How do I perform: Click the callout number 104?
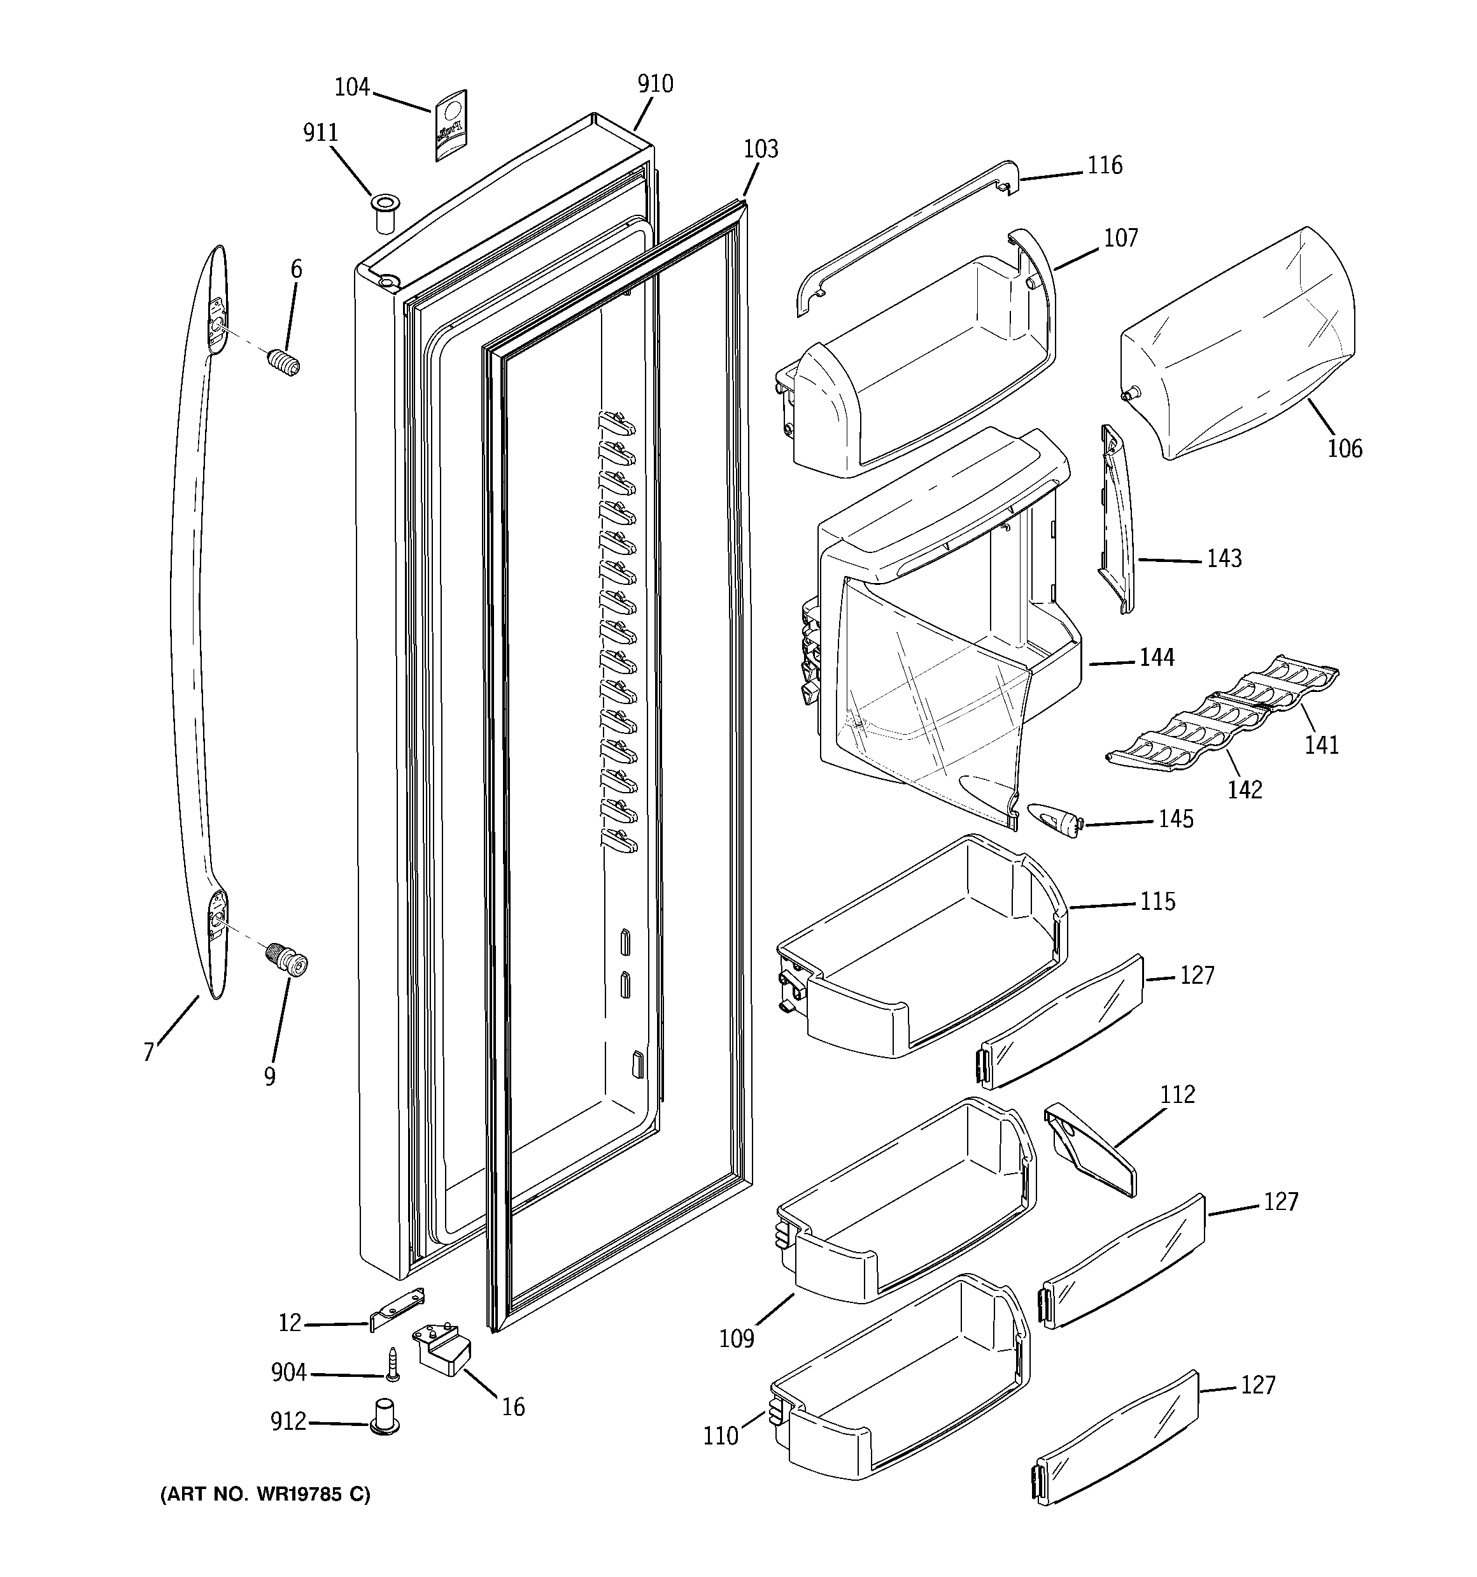click(352, 87)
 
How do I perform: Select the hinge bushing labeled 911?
click(385, 212)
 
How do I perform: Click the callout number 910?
click(655, 83)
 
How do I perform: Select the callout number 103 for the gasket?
click(760, 148)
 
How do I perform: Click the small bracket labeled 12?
click(397, 1308)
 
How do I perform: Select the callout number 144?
click(1157, 657)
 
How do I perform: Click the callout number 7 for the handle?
click(148, 1052)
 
